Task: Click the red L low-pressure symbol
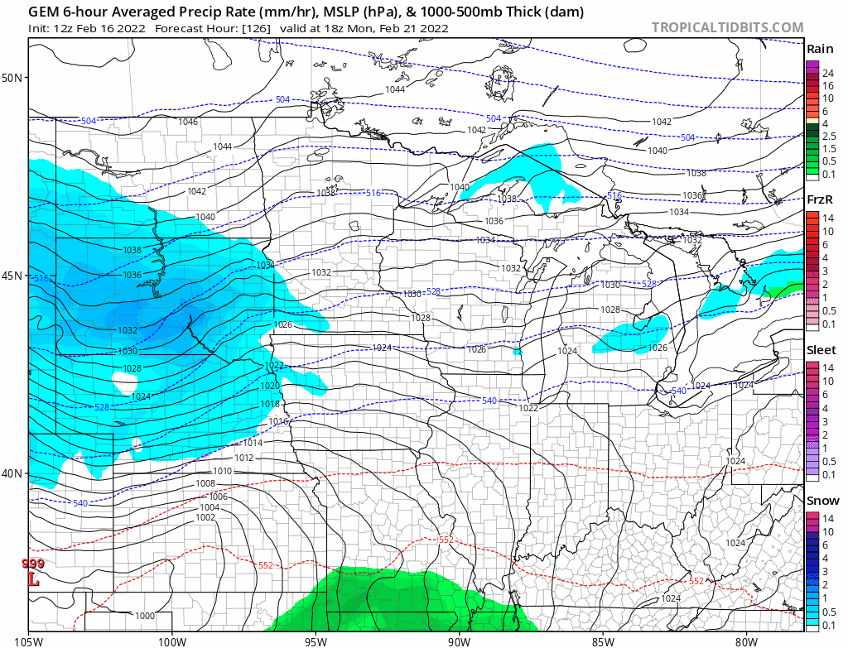pyautogui.click(x=34, y=580)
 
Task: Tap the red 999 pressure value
pyautogui.click(x=33, y=564)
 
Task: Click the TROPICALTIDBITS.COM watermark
pyautogui.click(x=727, y=28)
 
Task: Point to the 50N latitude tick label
pyautogui.click(x=12, y=78)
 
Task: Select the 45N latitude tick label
pyautogui.click(x=12, y=276)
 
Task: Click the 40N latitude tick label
pyautogui.click(x=12, y=473)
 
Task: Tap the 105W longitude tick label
pyautogui.click(x=29, y=640)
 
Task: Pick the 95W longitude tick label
pyautogui.click(x=316, y=640)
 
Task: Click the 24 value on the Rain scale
pyautogui.click(x=827, y=74)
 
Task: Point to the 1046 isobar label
pyautogui.click(x=189, y=122)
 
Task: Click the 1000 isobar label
pyautogui.click(x=145, y=615)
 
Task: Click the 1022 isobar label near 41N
pyautogui.click(x=529, y=408)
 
